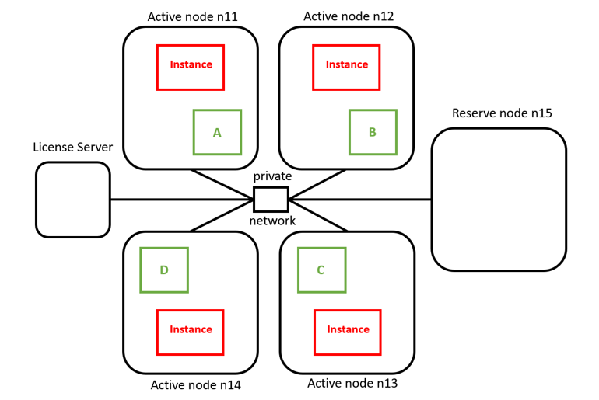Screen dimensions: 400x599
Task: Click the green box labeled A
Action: [217, 132]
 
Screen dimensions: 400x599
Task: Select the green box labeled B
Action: [373, 132]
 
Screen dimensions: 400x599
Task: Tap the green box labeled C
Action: [321, 270]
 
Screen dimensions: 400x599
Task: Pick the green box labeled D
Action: [164, 270]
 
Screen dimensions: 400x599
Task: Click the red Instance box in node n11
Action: [191, 66]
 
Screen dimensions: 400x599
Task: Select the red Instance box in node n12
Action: [346, 66]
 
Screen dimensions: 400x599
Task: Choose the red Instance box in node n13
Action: [348, 330]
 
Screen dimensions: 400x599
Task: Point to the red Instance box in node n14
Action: [191, 330]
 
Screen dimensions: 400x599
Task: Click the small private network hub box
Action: [271, 200]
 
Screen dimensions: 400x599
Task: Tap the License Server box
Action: [72, 200]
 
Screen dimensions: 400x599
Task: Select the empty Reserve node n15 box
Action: [499, 200]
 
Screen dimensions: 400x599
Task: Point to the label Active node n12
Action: [349, 16]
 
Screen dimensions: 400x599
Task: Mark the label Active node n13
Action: [352, 384]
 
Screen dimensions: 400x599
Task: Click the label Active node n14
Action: [195, 385]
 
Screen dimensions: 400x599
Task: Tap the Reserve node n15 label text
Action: [502, 113]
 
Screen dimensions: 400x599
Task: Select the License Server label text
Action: [72, 147]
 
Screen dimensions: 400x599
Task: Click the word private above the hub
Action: [272, 176]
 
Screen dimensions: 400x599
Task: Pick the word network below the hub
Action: [272, 221]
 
